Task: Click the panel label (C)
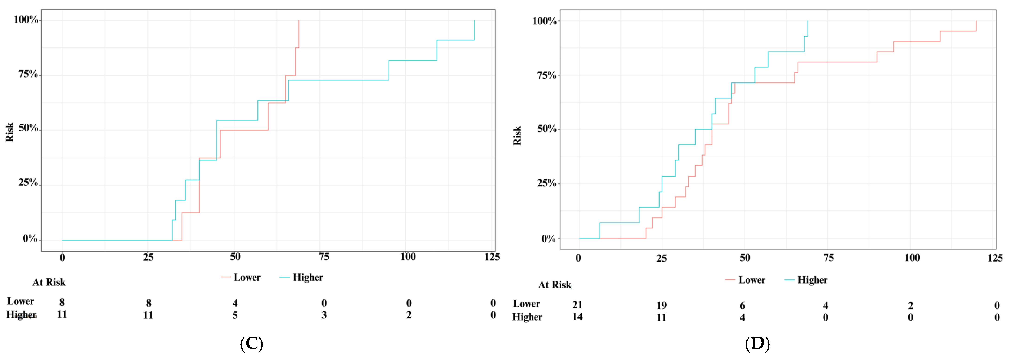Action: (251, 344)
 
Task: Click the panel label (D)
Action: (757, 344)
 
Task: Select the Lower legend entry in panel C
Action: (240, 278)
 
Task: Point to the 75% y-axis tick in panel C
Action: (28, 74)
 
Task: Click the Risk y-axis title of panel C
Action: (10, 132)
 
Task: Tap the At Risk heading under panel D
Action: (555, 285)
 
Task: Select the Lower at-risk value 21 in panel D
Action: (577, 305)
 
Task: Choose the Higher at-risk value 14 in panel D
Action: (577, 317)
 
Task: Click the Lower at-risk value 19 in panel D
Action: (662, 305)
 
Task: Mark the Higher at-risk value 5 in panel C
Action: (235, 315)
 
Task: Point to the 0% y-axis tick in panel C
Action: (30, 239)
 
